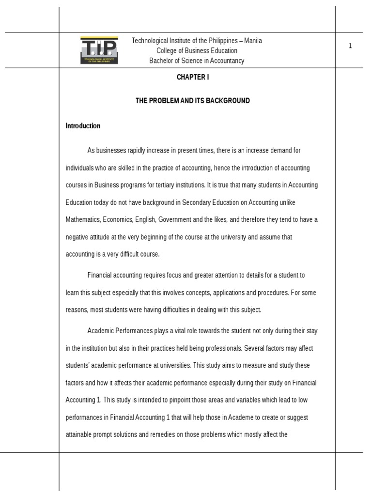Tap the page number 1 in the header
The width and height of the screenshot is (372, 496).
pyautogui.click(x=350, y=46)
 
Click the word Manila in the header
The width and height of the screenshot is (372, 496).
pyautogui.click(x=253, y=41)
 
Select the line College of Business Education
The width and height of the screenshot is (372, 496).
pyautogui.click(x=197, y=51)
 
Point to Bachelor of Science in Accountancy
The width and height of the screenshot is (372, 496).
pyautogui.click(x=197, y=61)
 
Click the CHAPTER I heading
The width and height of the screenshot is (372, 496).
pyautogui.click(x=192, y=77)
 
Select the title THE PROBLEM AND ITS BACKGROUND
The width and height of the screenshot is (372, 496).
pyautogui.click(x=192, y=101)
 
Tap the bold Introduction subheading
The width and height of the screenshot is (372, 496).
pyautogui.click(x=83, y=126)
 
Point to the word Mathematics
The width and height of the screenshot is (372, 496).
pyautogui.click(x=83, y=220)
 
